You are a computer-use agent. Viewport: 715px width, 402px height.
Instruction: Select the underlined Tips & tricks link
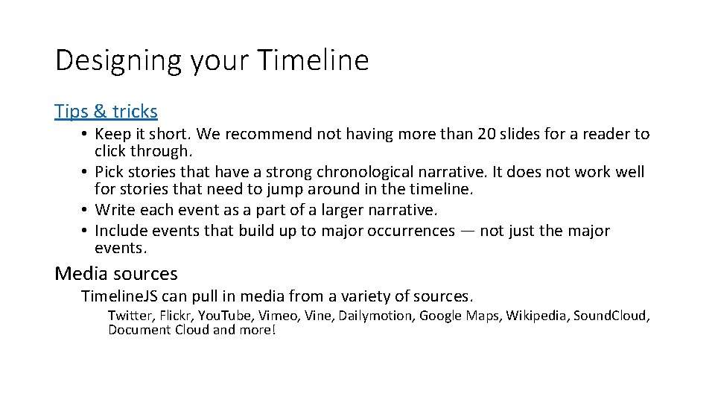pos(106,112)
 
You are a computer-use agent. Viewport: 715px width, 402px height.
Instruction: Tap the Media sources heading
pos(116,274)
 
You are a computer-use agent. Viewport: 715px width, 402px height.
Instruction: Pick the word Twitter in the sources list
pos(129,316)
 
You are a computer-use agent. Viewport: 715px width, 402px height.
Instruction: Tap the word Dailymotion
pos(375,316)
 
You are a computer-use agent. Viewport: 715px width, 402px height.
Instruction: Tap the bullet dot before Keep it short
pos(86,135)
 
